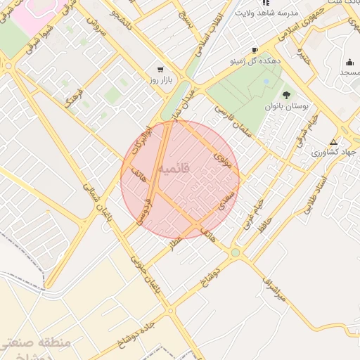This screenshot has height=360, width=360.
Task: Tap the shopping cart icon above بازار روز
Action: [x=161, y=70]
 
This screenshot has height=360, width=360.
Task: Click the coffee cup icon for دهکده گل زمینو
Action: [x=254, y=50]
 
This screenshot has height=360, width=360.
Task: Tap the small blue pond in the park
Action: [x=266, y=82]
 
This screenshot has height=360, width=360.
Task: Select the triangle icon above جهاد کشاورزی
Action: [x=333, y=141]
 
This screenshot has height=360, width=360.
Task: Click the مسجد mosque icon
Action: [x=350, y=61]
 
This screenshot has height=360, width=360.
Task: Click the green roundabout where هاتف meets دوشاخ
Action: [x=235, y=252]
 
